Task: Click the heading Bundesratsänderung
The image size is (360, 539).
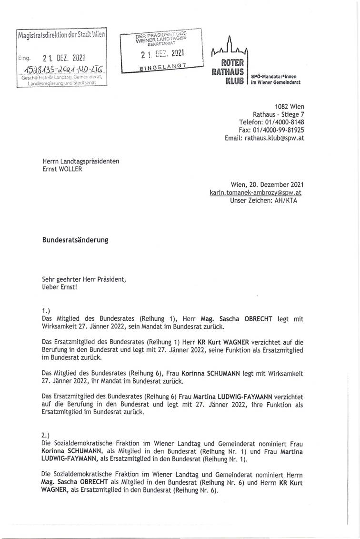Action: coord(75,240)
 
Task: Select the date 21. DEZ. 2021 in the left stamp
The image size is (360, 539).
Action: coord(63,59)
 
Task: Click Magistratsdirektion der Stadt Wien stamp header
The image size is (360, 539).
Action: coord(62,35)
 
